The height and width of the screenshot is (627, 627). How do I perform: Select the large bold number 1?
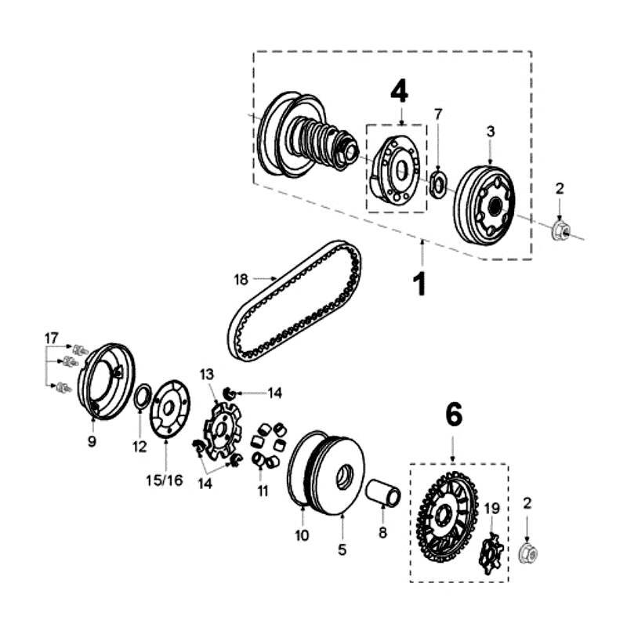click(x=421, y=283)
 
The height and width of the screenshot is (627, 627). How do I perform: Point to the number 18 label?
click(x=241, y=278)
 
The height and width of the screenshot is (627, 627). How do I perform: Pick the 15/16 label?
click(x=164, y=480)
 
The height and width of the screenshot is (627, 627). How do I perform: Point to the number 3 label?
click(x=491, y=132)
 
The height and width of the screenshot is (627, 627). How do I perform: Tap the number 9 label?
click(x=92, y=441)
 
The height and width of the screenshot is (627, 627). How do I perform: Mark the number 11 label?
click(x=263, y=491)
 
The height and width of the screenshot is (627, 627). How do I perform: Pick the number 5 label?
click(x=342, y=550)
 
